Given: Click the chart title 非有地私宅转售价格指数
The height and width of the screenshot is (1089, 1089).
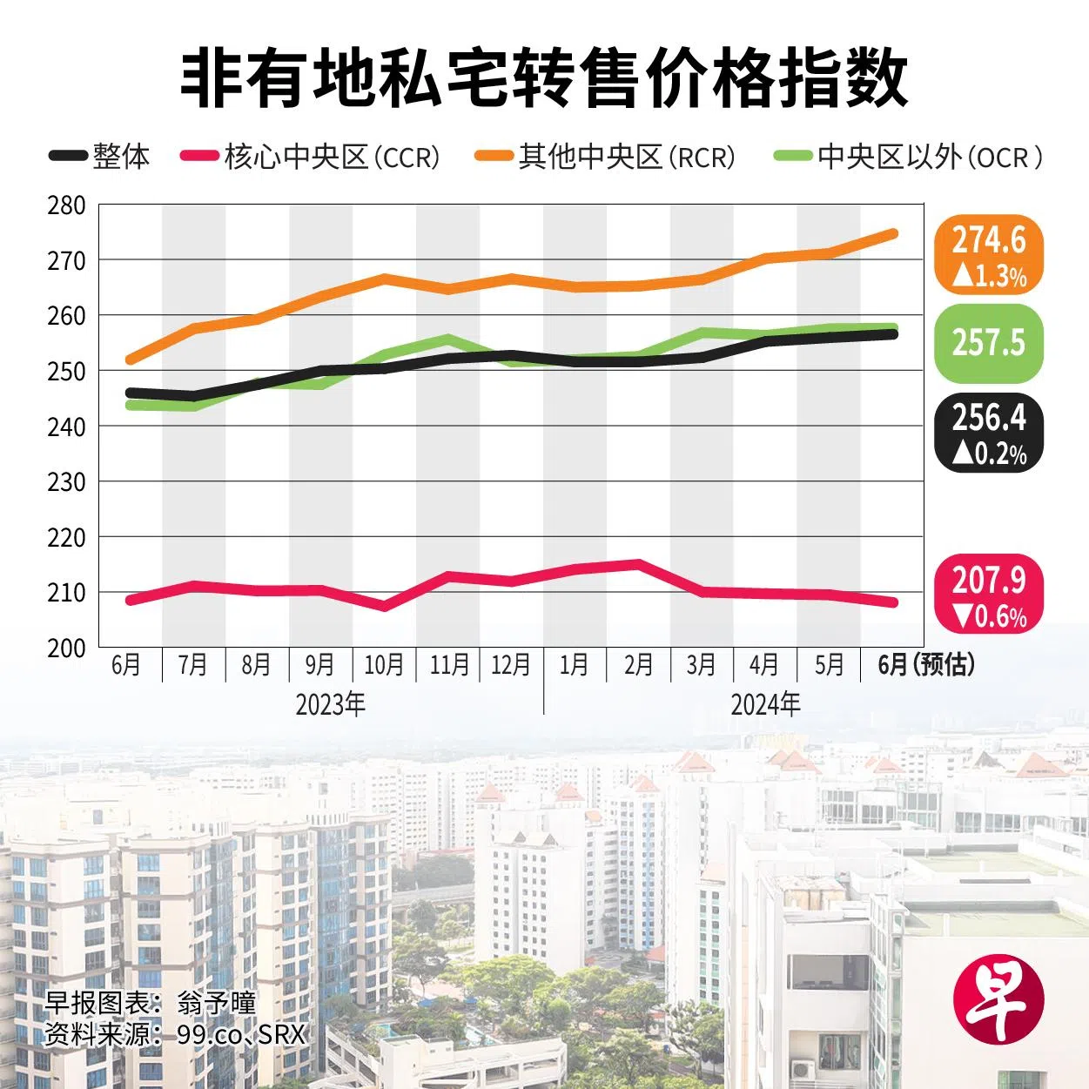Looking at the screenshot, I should [544, 79].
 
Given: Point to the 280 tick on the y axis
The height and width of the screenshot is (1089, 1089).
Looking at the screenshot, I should [66, 206].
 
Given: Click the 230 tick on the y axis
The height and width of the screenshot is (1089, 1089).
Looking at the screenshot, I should [66, 482].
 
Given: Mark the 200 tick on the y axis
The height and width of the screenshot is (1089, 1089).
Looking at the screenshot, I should [66, 648].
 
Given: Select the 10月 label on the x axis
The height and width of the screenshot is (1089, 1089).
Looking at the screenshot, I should [384, 665].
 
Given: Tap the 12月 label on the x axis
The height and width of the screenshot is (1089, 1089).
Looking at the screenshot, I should [511, 665].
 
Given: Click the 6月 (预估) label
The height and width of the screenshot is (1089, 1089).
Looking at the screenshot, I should [926, 665].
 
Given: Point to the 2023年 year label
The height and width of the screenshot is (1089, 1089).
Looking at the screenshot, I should [331, 704].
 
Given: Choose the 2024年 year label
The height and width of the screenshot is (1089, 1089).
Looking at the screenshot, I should [766, 704].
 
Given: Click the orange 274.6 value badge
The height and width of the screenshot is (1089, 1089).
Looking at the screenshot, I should [988, 255].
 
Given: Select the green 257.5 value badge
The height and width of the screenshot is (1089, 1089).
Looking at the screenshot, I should [988, 343].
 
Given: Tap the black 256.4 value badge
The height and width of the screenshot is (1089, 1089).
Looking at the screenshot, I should [988, 433].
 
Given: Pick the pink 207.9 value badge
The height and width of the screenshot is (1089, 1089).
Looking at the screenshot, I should [988, 595].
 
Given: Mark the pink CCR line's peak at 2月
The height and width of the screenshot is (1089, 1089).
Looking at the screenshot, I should [638, 564].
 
